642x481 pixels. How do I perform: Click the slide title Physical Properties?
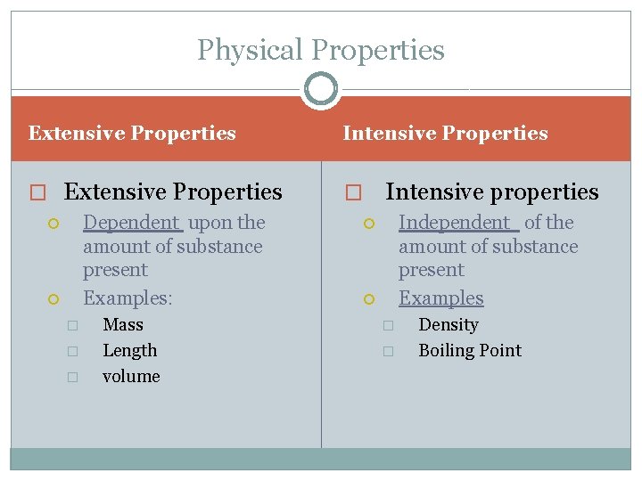pos(321,50)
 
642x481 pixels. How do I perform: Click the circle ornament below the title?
pos(321,89)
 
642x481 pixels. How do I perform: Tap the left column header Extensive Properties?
pos(132,134)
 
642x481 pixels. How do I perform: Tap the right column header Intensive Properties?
pos(445,134)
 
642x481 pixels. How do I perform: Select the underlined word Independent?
pos(455,223)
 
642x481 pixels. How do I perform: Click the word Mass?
pos(123,325)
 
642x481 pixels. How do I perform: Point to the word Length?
pos(129,351)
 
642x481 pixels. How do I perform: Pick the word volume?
pos(131,377)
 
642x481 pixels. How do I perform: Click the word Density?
pos(449,325)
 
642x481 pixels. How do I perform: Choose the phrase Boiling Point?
pos(470,351)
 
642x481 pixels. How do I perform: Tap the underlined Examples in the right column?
pos(440,298)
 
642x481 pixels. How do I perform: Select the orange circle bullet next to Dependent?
pos(53,224)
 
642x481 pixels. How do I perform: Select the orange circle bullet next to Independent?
pos(369,224)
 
